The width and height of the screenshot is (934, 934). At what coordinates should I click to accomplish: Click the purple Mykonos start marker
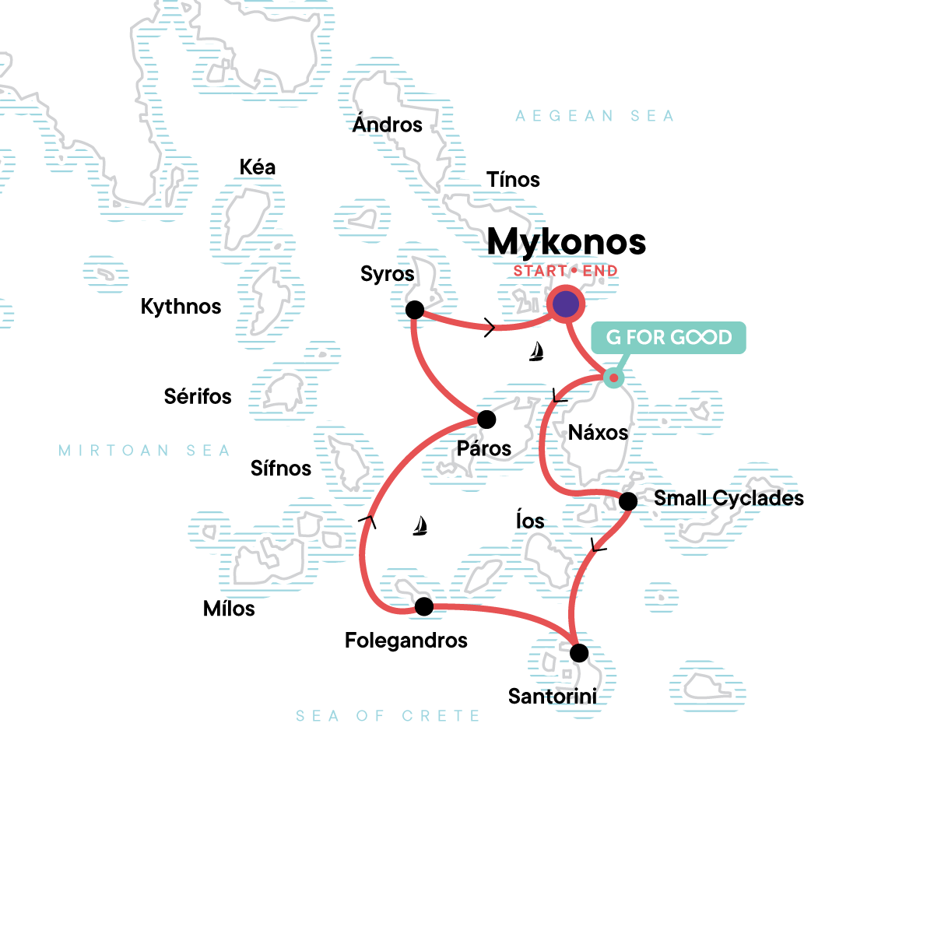[x=566, y=304]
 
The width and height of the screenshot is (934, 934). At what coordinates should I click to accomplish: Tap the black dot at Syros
[x=415, y=310]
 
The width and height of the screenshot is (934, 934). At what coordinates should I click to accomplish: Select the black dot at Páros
[x=486, y=420]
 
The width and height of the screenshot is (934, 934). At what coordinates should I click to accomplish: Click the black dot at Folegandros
[x=424, y=606]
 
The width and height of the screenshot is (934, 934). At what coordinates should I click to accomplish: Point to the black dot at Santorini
[x=579, y=653]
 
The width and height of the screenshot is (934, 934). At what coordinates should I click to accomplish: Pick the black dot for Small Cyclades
[x=628, y=501]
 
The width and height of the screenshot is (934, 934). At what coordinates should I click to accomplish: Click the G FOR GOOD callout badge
[x=669, y=338]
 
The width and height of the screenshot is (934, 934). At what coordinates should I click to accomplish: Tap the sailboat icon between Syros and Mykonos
[x=535, y=352]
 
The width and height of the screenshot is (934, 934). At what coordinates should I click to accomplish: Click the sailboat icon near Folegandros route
[x=420, y=526]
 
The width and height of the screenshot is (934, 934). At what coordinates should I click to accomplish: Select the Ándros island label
[x=387, y=125]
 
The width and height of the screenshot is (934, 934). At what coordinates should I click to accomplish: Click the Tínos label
[x=513, y=180]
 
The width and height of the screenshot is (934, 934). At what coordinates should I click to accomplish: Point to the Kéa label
[x=258, y=167]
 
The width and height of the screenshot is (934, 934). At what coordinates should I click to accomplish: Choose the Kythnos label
[x=181, y=307]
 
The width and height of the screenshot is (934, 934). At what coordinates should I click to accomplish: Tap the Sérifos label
[x=198, y=397]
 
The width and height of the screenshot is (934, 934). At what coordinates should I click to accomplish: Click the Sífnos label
[x=280, y=469]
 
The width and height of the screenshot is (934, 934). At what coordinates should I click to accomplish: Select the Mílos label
[x=229, y=609]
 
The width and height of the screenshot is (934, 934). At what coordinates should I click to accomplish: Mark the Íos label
[x=530, y=521]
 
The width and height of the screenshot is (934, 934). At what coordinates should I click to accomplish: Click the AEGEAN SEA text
[x=595, y=116]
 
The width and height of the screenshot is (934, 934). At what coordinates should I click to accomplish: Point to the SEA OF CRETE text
[x=388, y=716]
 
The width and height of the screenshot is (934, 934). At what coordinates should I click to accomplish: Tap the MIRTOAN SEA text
[x=145, y=451]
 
